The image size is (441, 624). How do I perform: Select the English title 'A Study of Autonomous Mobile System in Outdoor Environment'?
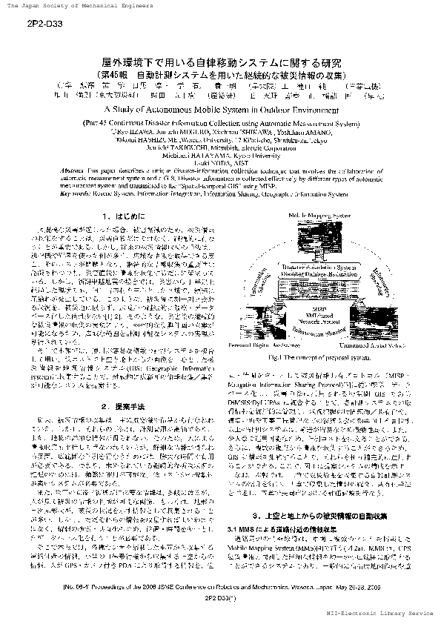pos(220,107)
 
